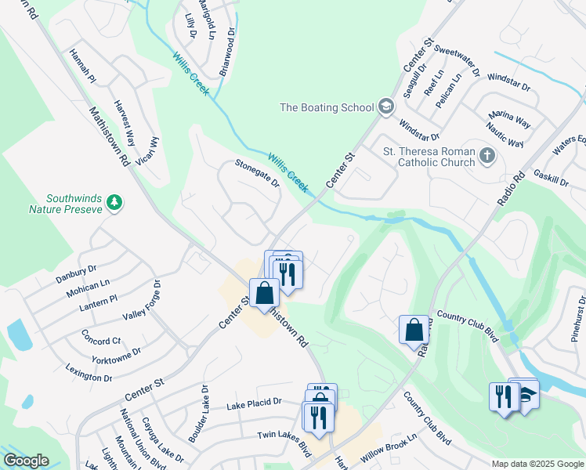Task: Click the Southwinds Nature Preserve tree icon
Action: (115, 203)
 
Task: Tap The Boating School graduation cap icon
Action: (385, 107)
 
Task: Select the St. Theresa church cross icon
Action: (487, 155)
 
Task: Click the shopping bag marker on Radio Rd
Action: (414, 330)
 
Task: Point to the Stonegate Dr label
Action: (258, 172)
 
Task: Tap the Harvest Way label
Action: (124, 118)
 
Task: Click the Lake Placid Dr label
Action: (254, 403)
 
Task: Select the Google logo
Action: (26, 460)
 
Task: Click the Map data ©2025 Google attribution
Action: (537, 464)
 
